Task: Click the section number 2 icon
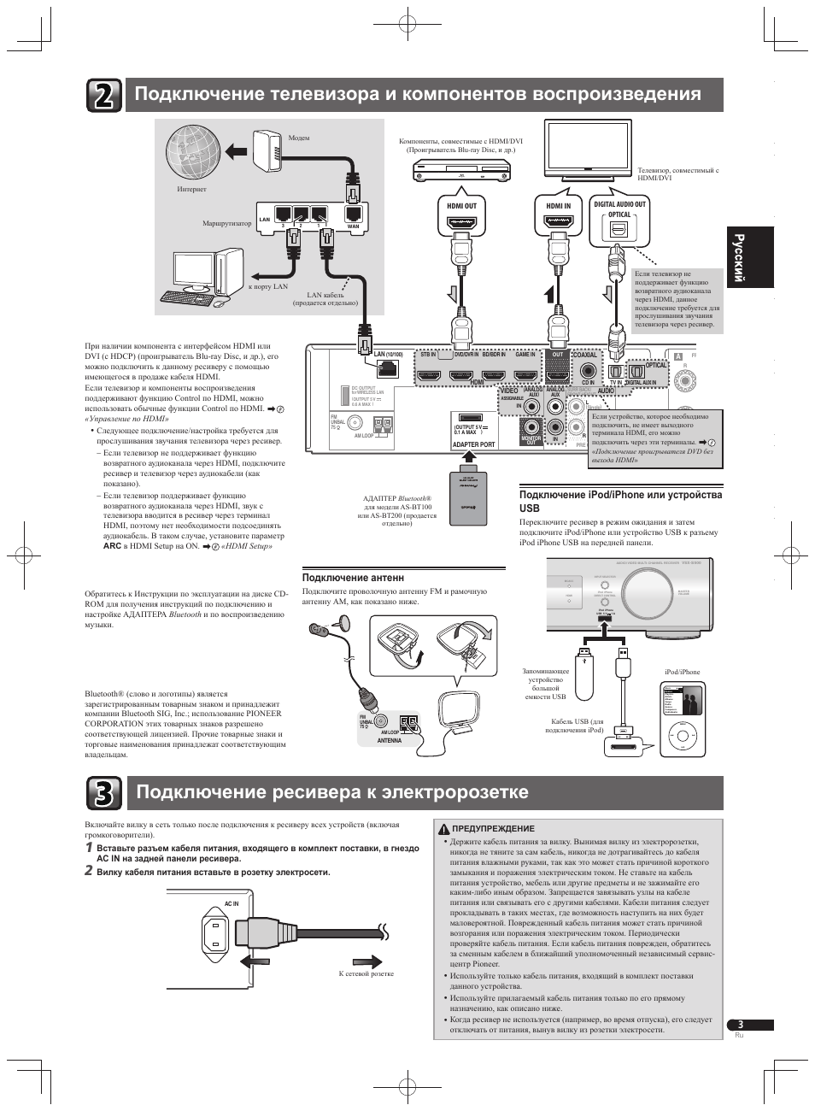pyautogui.click(x=103, y=96)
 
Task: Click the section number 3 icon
pyautogui.click(x=103, y=793)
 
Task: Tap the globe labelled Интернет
pyautogui.click(x=193, y=154)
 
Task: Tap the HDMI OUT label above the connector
pyautogui.click(x=461, y=206)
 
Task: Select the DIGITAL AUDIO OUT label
pyautogui.click(x=619, y=204)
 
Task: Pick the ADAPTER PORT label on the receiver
pyautogui.click(x=473, y=444)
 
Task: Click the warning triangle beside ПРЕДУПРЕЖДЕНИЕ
pyautogui.click(x=444, y=828)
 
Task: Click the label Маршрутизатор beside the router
pyautogui.click(x=226, y=224)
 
